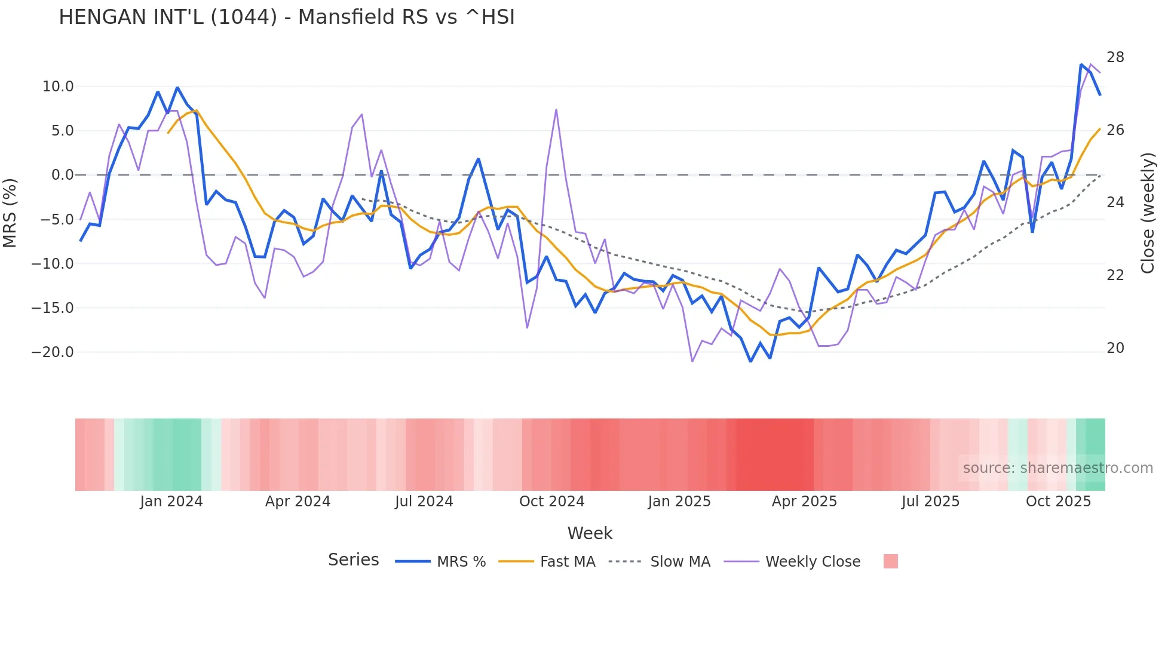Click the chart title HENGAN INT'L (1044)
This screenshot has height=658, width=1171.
[x=287, y=17]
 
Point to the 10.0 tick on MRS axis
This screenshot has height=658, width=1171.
[x=58, y=87]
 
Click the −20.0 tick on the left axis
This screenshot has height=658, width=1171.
[x=53, y=352]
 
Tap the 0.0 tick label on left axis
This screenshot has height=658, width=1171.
[x=62, y=175]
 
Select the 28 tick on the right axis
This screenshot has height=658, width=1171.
[x=1115, y=57]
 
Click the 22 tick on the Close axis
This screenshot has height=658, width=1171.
[x=1115, y=275]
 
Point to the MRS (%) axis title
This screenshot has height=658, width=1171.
[x=10, y=213]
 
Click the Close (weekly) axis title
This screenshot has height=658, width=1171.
[x=1148, y=213]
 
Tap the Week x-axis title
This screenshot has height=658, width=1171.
[x=590, y=533]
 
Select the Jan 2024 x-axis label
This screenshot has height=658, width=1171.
[x=171, y=502]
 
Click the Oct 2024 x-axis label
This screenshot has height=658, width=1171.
[x=551, y=502]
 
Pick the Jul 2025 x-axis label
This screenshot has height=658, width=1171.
[x=930, y=502]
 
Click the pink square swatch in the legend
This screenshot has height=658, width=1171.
[x=890, y=561]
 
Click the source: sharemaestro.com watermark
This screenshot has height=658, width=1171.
[x=1057, y=468]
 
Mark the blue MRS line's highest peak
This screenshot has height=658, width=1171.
[x=1081, y=64]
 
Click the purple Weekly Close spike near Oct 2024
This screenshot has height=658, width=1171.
[x=556, y=110]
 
